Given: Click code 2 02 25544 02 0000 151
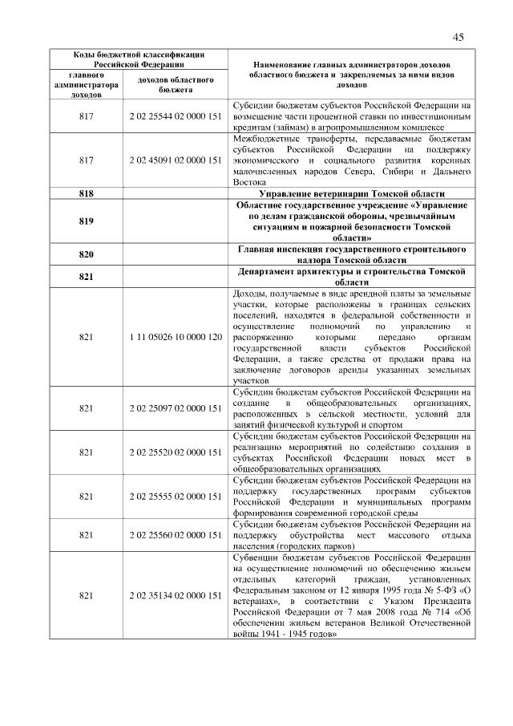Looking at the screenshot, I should [x=175, y=116].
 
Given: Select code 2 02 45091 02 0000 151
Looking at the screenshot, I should [x=175, y=160].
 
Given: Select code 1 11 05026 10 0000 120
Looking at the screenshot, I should [x=175, y=338].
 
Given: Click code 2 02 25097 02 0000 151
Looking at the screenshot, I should [x=175, y=408].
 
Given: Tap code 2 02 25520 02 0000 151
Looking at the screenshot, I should [x=175, y=452].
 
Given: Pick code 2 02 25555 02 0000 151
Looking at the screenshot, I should [x=175, y=497].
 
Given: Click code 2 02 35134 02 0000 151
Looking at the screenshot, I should [x=175, y=595].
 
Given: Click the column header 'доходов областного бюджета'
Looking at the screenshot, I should [x=175, y=85].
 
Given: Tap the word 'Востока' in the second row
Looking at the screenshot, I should [x=249, y=183].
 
